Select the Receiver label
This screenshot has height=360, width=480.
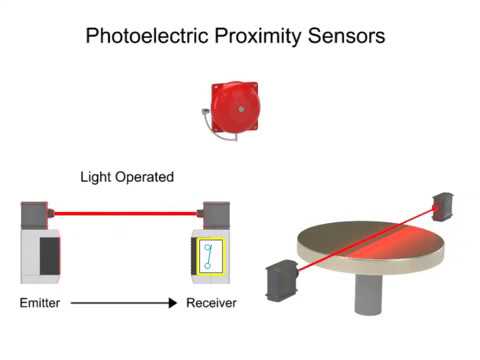click(x=211, y=302)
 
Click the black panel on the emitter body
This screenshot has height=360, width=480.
click(x=47, y=256)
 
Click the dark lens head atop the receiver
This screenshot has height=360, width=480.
click(x=215, y=214)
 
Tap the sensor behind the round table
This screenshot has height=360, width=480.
click(x=444, y=206)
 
